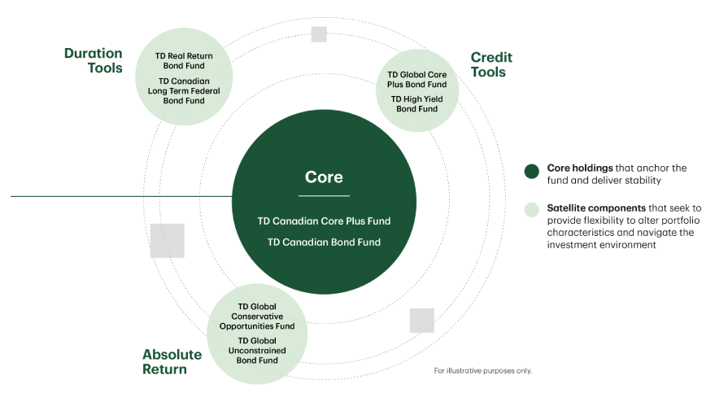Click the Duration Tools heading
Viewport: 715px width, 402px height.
(94, 60)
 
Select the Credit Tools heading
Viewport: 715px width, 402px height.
(491, 64)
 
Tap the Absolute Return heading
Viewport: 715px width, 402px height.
(172, 361)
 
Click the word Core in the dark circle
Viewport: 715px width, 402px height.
(324, 177)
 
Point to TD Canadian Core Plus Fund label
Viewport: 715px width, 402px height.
(324, 221)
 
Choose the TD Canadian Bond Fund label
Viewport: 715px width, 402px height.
(324, 243)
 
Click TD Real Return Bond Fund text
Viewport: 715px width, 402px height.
(184, 61)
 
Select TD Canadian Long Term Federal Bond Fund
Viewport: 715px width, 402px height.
(184, 91)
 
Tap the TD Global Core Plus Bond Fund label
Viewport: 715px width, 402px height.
(416, 80)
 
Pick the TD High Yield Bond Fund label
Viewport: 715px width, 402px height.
(416, 104)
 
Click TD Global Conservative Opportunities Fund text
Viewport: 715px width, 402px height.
(257, 317)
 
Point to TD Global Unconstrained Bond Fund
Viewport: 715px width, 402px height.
(257, 351)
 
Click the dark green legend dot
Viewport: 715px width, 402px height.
(532, 171)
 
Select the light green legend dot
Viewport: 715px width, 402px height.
(532, 209)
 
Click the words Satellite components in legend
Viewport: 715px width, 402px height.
(596, 208)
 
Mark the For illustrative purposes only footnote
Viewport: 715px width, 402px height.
(483, 370)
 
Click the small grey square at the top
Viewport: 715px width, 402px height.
(319, 34)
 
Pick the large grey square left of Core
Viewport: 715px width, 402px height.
(168, 241)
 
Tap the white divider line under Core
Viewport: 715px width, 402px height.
(324, 196)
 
